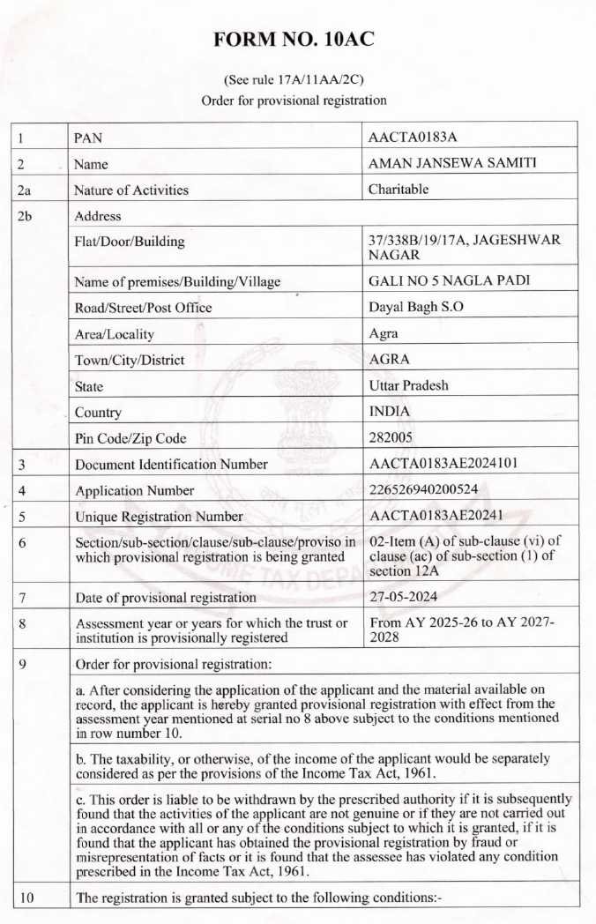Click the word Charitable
coord(399,189)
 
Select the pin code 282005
coord(391,437)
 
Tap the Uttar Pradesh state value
coord(408,385)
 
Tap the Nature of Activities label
coord(131,190)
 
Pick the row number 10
coord(26,898)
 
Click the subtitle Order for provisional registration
coord(294,101)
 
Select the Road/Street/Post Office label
coord(144,308)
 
